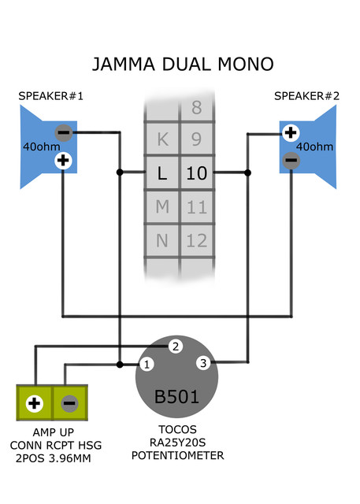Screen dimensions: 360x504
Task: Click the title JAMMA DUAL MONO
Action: click(x=183, y=64)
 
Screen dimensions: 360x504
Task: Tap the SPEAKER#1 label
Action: click(x=50, y=96)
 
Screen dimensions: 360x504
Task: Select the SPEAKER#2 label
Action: click(x=306, y=96)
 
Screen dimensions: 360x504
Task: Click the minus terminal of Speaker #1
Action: click(x=64, y=132)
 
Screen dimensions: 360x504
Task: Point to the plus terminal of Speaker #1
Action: click(x=63, y=161)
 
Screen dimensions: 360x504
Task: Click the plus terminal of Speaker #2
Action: click(x=291, y=132)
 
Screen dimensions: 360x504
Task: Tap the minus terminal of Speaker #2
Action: click(x=291, y=160)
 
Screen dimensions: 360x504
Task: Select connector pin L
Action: click(x=162, y=172)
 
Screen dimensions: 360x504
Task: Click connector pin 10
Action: click(x=197, y=172)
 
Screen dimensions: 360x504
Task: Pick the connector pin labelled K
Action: click(x=162, y=139)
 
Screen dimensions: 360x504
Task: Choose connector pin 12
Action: click(x=197, y=240)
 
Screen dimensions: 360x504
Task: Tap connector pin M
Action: click(x=162, y=206)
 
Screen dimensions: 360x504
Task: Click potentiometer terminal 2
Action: click(x=176, y=346)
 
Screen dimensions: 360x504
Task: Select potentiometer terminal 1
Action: click(x=147, y=365)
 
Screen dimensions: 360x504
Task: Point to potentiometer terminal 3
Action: click(x=203, y=363)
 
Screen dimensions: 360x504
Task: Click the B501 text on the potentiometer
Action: click(x=176, y=397)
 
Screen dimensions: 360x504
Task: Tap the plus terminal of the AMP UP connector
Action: click(x=35, y=403)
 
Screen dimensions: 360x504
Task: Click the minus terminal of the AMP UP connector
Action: click(x=69, y=403)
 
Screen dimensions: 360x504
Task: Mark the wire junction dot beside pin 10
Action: click(x=247, y=172)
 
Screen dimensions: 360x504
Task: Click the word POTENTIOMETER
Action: click(x=178, y=455)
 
